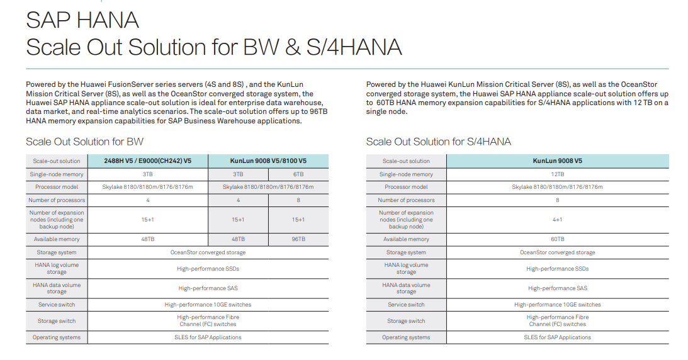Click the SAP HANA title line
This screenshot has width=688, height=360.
(x=82, y=20)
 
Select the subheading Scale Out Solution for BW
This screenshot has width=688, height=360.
(x=84, y=142)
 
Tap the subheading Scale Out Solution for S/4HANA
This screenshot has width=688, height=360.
(x=438, y=142)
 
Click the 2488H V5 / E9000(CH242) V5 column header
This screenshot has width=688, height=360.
(x=147, y=161)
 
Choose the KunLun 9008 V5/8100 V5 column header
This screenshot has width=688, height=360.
(x=268, y=161)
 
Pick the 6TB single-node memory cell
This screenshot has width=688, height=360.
(x=298, y=174)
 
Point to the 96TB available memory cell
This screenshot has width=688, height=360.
(x=298, y=239)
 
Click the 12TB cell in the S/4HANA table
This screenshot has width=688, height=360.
(x=557, y=174)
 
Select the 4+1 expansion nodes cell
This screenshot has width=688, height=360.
(x=557, y=220)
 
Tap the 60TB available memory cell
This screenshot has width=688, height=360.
(x=557, y=239)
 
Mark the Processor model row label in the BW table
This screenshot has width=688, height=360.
(x=57, y=187)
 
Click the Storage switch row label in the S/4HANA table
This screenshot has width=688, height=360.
(x=406, y=321)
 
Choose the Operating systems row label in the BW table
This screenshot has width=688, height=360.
(x=57, y=337)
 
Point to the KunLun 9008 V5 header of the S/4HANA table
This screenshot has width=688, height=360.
(x=557, y=161)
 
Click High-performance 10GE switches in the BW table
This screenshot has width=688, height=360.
(x=208, y=305)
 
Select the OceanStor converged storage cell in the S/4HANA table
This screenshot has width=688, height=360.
(x=557, y=252)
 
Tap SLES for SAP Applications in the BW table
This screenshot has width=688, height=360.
(x=208, y=337)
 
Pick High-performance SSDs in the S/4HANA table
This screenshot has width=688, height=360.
(x=557, y=269)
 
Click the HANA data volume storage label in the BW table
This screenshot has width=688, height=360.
(x=57, y=288)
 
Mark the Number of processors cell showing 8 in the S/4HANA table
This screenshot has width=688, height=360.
(x=557, y=200)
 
